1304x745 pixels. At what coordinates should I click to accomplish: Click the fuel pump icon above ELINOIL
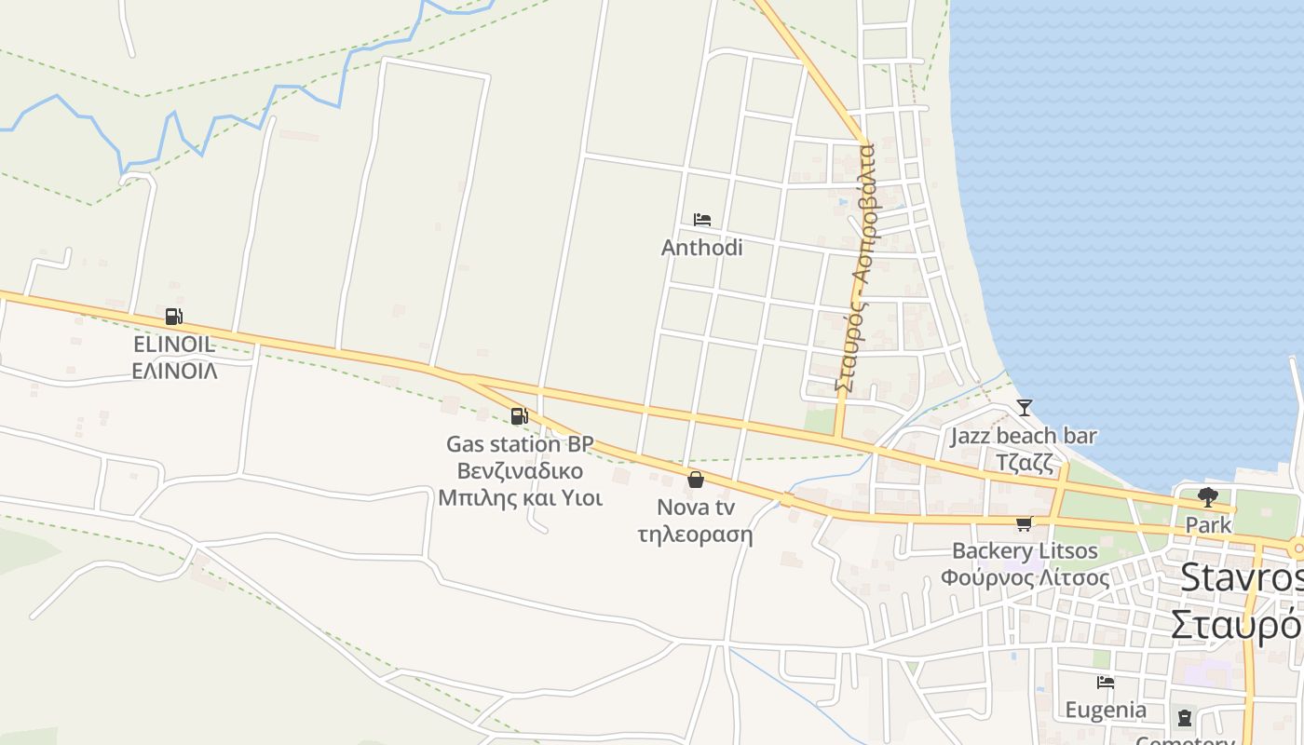pos(173,317)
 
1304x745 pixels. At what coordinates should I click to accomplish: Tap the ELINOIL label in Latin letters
pos(174,345)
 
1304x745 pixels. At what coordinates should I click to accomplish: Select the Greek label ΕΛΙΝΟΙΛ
pos(174,371)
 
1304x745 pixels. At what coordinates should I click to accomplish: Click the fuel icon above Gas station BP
pos(519,416)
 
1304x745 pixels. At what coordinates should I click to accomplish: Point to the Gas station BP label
pos(520,444)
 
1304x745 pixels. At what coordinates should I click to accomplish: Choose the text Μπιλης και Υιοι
pos(520,497)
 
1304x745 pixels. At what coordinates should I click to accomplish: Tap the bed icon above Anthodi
pos(702,220)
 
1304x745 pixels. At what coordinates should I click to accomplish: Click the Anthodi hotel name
pos(702,248)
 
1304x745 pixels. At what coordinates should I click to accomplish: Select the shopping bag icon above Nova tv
pos(695,480)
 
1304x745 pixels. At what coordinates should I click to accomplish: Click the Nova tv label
pos(696,508)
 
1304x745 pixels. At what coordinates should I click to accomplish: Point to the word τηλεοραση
pos(696,535)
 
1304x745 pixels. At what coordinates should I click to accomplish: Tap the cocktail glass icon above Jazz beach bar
pos(1025,408)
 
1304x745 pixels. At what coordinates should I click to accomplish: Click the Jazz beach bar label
pos(1024,436)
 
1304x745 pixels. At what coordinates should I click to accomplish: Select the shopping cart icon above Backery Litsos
pos(1025,523)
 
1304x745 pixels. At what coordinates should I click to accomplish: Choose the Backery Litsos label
pos(1025,551)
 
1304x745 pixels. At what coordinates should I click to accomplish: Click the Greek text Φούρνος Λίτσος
pos(1025,577)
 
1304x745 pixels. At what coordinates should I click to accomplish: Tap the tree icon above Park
pos(1208,496)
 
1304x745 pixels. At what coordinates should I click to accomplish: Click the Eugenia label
pos(1106,710)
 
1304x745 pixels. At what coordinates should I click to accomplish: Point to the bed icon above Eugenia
pos(1106,682)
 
